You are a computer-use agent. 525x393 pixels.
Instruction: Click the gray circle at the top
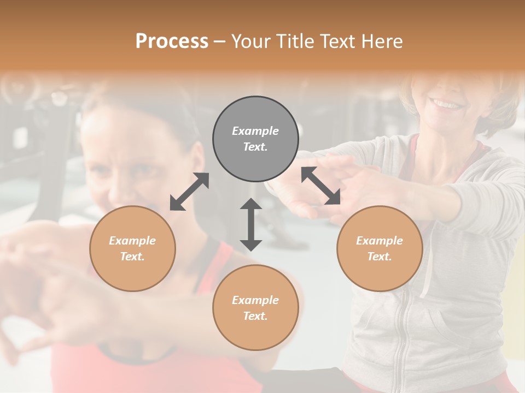(x=255, y=139)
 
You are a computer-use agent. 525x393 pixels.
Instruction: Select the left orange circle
(x=132, y=248)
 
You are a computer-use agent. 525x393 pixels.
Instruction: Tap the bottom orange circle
(x=255, y=308)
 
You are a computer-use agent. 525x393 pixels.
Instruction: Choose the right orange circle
(x=380, y=248)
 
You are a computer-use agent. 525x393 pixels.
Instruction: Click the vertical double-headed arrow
(x=251, y=224)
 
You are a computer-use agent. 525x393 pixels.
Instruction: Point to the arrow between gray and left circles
(x=189, y=192)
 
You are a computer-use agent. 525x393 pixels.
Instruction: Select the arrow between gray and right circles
(x=320, y=186)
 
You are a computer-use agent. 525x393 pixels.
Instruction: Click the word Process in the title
(x=172, y=41)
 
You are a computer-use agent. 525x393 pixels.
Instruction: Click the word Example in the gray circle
(x=255, y=131)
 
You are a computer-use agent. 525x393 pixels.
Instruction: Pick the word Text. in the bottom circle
(x=255, y=316)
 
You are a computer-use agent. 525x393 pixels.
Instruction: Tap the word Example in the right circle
(x=380, y=241)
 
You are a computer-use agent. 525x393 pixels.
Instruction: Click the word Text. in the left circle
(x=132, y=257)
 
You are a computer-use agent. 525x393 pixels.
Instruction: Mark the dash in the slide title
(x=219, y=42)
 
